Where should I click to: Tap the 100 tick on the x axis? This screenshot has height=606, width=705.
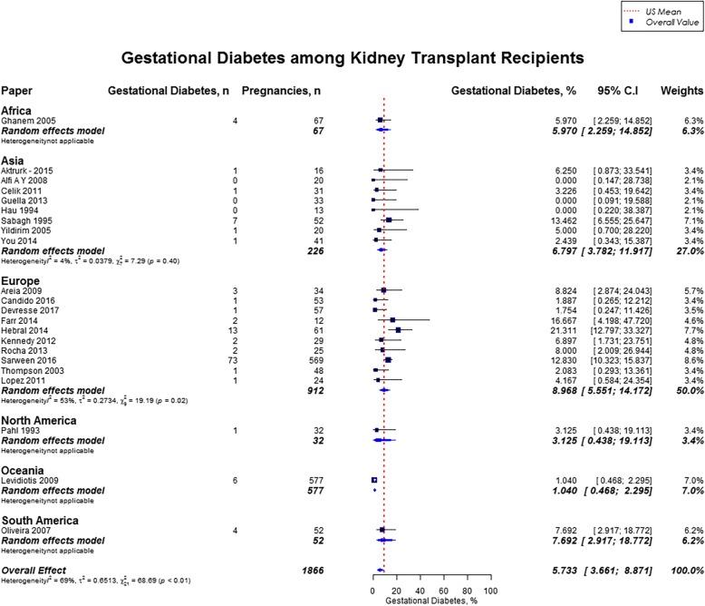[490, 591]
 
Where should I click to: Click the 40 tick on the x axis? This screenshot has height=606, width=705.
[420, 591]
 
